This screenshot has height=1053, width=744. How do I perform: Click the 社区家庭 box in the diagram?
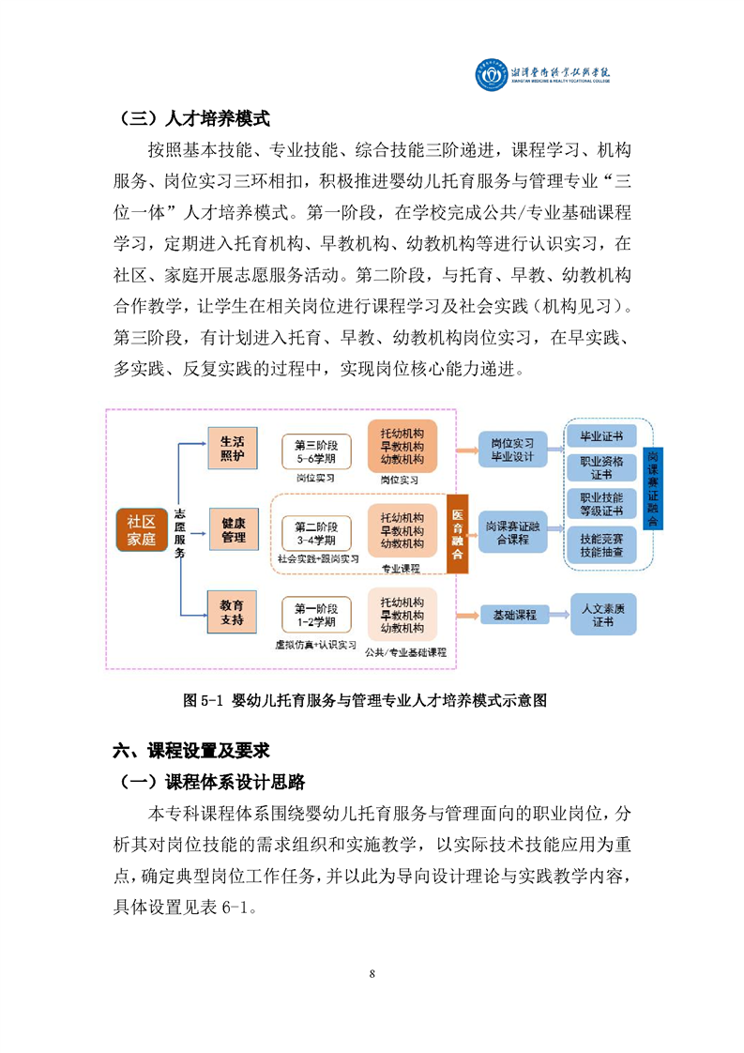pos(141,530)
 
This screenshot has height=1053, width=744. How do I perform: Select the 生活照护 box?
pos(233,448)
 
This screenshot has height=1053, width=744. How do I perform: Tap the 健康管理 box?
pos(233,530)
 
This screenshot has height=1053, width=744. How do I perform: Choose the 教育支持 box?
pos(233,612)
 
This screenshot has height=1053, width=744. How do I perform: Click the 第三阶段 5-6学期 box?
pos(316,452)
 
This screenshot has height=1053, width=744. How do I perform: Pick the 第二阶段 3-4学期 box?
pos(316,533)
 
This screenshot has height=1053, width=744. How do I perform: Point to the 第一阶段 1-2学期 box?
pos(316,615)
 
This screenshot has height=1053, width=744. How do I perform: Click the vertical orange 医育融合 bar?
pos(457,533)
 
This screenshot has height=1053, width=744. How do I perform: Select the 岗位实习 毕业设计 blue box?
pos(512,450)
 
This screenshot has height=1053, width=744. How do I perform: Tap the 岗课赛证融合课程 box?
pos(512,532)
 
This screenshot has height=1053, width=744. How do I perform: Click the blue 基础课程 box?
pos(514,615)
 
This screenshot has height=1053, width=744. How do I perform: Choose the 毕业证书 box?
pos(601,436)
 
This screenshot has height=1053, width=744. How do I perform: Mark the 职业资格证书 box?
pos(601,468)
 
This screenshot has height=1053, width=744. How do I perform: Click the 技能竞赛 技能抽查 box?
pos(601,545)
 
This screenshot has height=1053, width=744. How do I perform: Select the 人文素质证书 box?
pos(603,615)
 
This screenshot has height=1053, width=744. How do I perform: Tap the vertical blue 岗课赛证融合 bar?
pos(653,488)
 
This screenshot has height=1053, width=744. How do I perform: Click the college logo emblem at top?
pos(492,74)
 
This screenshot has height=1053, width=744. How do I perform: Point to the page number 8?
pos(372,974)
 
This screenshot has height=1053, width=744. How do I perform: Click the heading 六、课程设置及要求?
pos(191,750)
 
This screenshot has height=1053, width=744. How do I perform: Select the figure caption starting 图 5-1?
pos(365,700)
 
